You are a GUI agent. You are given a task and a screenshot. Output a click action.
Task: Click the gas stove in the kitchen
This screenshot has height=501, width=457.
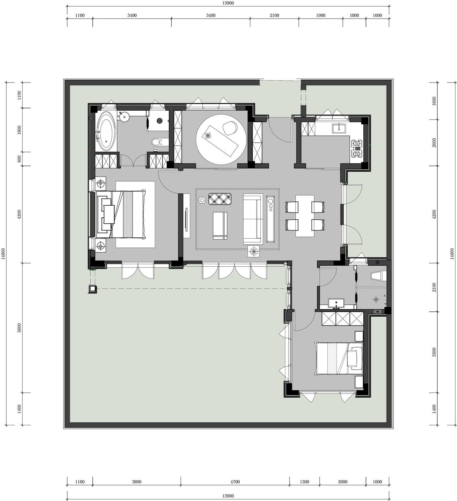[x=357, y=149]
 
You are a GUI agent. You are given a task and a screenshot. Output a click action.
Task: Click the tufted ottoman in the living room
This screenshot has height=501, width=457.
[x=220, y=199]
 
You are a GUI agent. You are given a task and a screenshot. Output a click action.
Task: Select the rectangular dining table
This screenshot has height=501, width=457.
[x=305, y=216]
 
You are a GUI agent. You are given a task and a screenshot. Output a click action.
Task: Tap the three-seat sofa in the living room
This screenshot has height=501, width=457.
[x=253, y=219]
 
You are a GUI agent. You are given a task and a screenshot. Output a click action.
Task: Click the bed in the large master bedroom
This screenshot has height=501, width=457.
[x=121, y=214]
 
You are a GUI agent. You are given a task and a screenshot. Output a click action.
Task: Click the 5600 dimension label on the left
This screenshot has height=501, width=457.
[x=19, y=328]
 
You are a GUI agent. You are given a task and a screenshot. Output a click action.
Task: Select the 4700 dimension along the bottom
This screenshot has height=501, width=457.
[x=235, y=482]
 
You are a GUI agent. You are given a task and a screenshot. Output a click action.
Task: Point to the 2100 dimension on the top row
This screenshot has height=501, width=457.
[x=275, y=15]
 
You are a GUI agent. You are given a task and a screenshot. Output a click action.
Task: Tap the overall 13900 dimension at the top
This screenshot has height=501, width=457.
[x=228, y=3]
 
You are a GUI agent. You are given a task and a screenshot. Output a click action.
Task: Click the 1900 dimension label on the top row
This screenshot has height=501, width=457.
[x=321, y=15]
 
